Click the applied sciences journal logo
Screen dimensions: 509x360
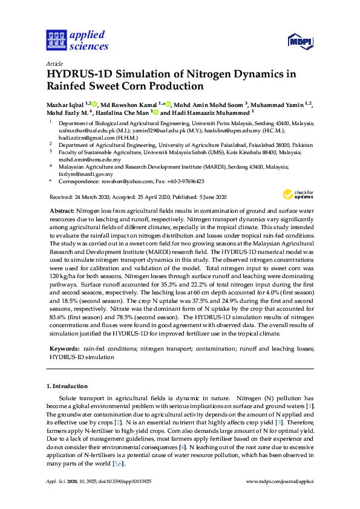[x=77, y=39]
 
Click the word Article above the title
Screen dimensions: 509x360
[x=54, y=63]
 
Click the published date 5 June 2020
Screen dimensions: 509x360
[x=210, y=197]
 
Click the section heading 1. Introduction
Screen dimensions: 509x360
[x=67, y=386]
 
